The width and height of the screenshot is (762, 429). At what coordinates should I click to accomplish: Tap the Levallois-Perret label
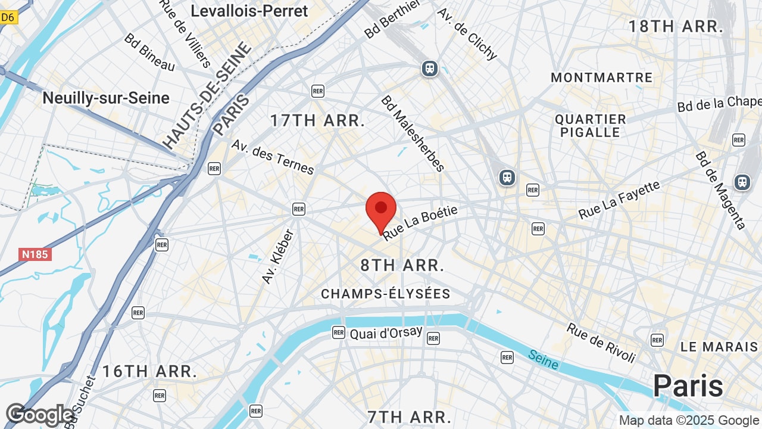coord(249,11)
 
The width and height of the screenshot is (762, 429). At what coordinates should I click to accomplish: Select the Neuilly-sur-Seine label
coord(106,98)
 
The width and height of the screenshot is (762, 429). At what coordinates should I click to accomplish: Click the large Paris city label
coord(688,386)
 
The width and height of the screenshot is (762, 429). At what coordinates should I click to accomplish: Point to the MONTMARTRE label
coord(601,77)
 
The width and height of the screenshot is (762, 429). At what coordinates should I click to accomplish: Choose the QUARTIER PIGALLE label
coord(590,126)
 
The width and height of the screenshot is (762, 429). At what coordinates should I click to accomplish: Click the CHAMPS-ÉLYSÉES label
coord(385,294)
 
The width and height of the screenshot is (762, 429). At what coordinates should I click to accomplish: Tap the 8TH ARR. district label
coord(402,265)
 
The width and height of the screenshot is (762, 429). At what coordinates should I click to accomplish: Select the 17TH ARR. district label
coord(317,120)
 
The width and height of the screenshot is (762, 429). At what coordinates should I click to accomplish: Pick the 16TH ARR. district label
coord(149,372)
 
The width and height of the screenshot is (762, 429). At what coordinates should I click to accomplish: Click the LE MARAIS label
coord(719,346)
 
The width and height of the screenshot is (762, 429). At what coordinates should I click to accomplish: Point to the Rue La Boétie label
coord(420,223)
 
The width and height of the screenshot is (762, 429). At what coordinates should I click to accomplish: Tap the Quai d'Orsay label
coord(386,333)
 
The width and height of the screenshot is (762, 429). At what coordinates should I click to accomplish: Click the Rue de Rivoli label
coord(601,343)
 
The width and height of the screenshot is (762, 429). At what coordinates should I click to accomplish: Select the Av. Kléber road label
coord(278,257)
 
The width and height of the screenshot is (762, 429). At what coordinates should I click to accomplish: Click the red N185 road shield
coord(36,254)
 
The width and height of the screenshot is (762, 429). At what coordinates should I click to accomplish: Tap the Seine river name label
coord(543,359)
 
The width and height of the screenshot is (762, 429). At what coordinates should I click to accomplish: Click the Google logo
coord(39,415)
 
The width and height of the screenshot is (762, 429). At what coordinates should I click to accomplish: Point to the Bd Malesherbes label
coord(413,133)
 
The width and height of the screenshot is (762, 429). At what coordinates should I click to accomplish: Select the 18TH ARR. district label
coord(676,26)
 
